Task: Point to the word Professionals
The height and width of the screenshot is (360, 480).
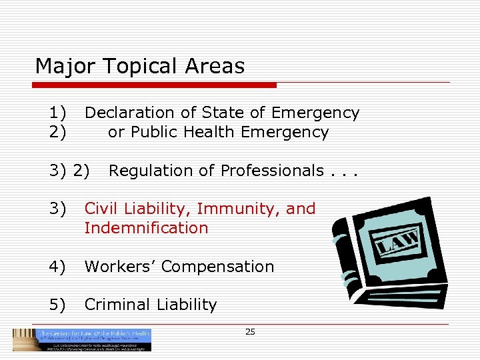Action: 272,171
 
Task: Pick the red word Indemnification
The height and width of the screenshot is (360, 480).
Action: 146,228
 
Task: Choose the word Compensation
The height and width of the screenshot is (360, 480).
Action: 217,267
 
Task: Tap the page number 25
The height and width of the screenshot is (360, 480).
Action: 250,331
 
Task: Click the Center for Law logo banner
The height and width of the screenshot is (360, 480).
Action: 82,339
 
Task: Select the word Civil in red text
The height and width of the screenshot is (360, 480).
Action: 99,209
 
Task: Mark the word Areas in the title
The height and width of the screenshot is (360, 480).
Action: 215,67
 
